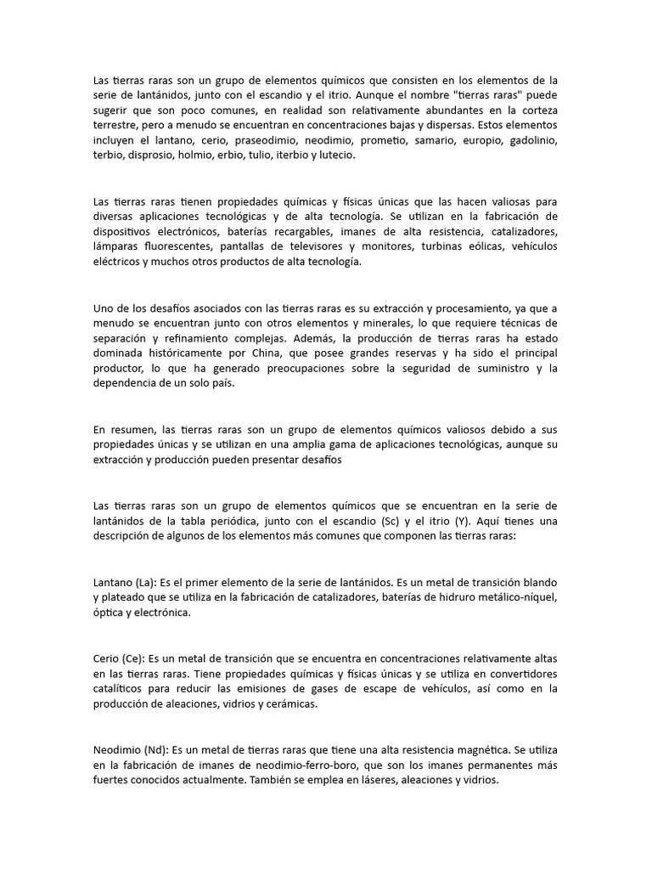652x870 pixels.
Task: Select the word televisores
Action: pos(301,247)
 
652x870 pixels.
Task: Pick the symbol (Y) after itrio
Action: pos(484,520)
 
